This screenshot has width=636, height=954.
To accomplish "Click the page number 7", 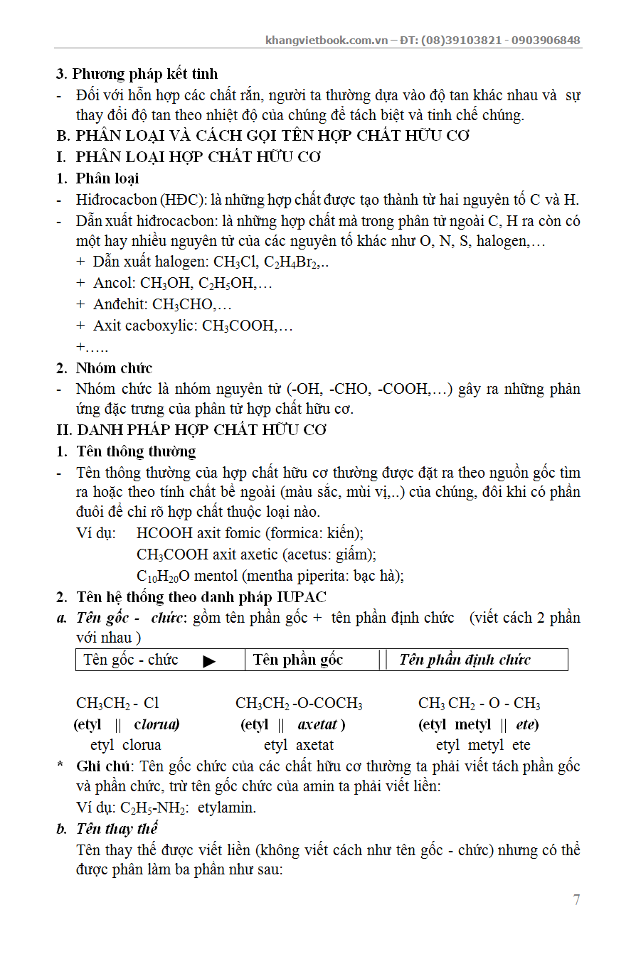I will (576, 900).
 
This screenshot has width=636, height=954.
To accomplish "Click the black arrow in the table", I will (209, 661).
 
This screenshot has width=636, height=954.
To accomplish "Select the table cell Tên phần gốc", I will (298, 660).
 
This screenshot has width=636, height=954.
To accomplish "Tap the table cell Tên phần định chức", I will (465, 660).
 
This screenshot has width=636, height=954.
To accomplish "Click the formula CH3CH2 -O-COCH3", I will (299, 704).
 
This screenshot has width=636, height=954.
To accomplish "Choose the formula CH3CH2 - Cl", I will (117, 704).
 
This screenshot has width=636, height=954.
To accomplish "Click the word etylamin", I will (226, 808).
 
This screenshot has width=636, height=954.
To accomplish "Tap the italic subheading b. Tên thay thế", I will (107, 829).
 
